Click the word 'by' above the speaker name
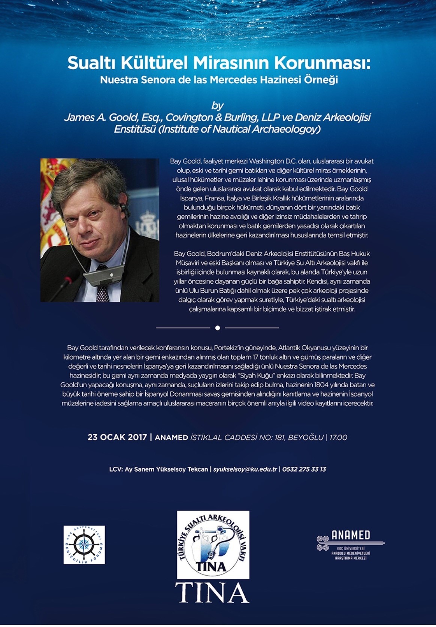(x=217, y=106)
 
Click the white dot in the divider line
(x=218, y=328)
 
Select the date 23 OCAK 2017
(x=117, y=437)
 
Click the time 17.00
(x=338, y=437)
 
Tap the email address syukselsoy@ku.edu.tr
(x=245, y=469)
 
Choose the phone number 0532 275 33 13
(x=304, y=469)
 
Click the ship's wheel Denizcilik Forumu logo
(x=84, y=545)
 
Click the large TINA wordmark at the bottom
(x=212, y=593)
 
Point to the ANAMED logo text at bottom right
(x=351, y=535)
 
